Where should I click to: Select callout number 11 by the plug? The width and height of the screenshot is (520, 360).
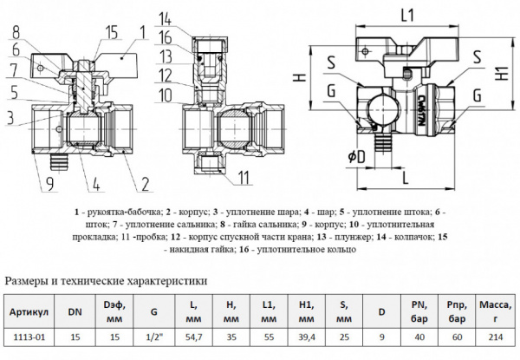244,178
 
